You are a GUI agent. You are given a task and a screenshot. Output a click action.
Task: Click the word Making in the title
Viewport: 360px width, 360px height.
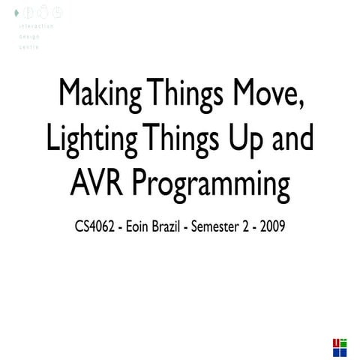pos(100,96)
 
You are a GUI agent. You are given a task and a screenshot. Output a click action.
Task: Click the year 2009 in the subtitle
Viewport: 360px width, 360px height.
pos(271,226)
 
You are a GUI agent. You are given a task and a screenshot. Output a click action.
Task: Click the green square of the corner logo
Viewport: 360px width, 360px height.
pos(343,342)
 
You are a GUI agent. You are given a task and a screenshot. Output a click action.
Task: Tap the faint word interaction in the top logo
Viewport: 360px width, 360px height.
pos(37,25)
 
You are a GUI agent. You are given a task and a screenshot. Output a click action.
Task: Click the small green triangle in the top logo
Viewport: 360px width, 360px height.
pos(16,13)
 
